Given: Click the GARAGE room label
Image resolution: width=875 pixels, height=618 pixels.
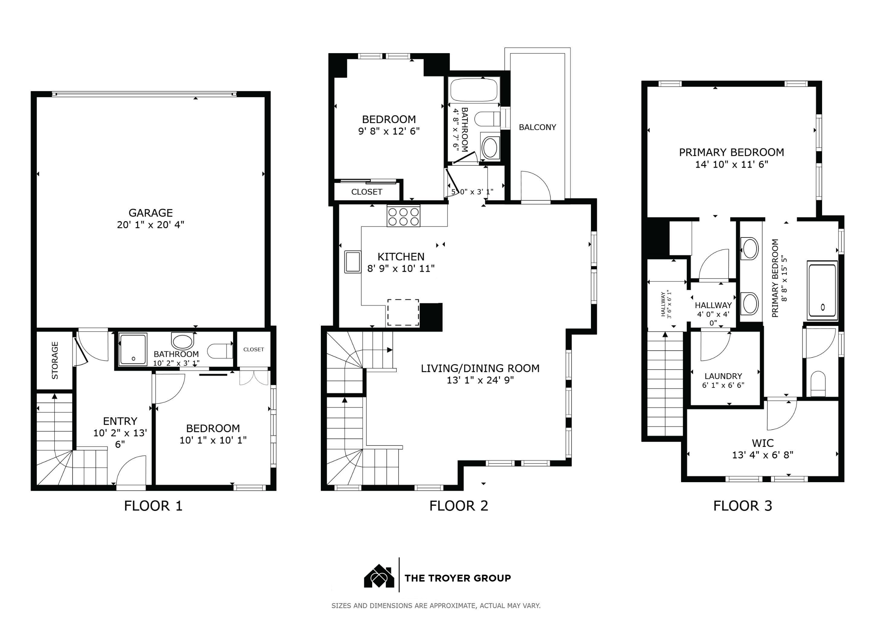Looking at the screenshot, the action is pos(151,212).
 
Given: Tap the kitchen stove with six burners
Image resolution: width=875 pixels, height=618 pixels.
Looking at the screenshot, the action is pos(404,216).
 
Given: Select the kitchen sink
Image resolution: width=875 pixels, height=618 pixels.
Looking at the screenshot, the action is pos(353,261).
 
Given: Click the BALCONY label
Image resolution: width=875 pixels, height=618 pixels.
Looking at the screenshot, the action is pos(537,127).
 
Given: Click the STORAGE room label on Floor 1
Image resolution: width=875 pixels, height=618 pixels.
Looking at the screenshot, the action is pos(55,360).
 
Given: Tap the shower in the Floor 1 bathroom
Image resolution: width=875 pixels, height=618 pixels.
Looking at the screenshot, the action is pos(133,349).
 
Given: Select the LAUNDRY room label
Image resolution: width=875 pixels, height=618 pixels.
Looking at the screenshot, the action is pos(723,376).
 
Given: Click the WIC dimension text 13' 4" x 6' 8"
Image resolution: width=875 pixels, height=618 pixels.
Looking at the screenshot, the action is pos(763,454).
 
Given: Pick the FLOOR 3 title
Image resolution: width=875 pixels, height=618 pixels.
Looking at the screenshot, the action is pos(742,506).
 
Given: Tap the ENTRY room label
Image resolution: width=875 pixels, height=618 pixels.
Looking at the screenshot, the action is pos(120,421).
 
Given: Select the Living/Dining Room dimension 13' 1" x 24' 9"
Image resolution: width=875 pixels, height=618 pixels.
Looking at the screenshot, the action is pos(480,380).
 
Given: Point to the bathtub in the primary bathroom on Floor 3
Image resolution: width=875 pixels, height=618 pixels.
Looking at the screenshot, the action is pos(822,291).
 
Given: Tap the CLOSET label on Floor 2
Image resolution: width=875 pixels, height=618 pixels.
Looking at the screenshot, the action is pos(367,192).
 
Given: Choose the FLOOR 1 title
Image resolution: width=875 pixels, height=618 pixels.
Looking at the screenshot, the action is pos(153,506).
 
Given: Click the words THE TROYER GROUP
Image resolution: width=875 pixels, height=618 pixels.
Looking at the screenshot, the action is pos(457,578).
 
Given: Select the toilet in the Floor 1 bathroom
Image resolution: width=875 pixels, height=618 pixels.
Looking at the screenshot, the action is pos(220,351).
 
